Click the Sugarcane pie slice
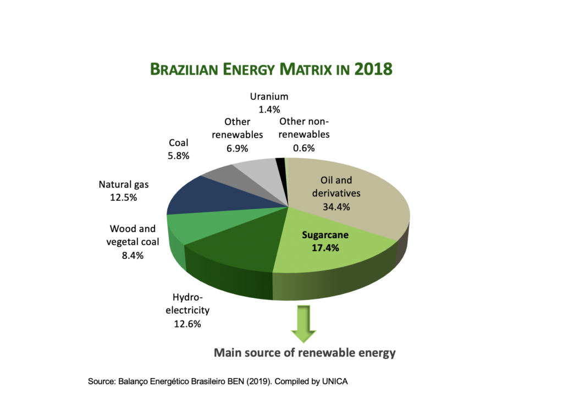(x=330, y=258)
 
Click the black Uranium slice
(x=280, y=165)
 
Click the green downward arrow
(x=303, y=324)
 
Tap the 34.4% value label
(x=336, y=207)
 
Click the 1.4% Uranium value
(x=269, y=109)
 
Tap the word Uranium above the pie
(x=269, y=97)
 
